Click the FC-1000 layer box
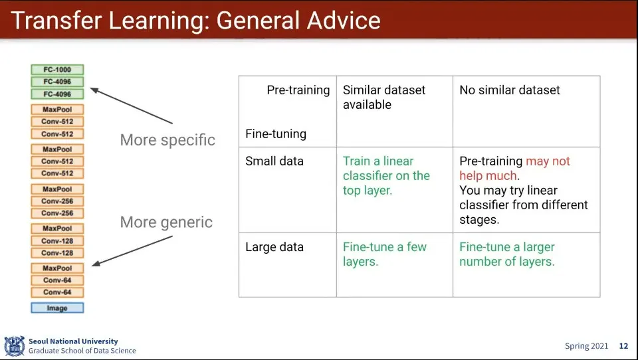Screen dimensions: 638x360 coord(57,70)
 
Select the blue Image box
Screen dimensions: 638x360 coord(57,308)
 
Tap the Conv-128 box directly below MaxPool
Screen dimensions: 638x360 coord(57,241)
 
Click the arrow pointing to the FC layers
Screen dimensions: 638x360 coord(131,106)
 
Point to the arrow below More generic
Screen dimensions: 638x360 coord(132,251)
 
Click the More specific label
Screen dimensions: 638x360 coord(167,140)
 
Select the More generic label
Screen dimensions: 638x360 coord(166,222)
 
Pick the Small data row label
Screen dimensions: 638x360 coord(274,161)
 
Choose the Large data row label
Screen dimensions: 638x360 coord(274,247)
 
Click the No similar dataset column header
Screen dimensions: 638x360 coord(510,90)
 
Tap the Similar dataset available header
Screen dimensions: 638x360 coord(384,97)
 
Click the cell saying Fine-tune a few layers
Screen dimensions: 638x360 coord(385,254)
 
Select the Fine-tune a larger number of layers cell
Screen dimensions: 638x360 coord(507,254)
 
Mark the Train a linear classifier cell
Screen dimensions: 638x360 coord(386,176)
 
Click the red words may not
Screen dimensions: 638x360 coord(548,161)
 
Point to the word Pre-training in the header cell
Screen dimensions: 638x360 coord(298,90)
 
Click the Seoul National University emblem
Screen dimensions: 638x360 coord(14,346)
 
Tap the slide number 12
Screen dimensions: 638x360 coord(623,346)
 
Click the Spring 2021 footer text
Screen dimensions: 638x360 coord(586,346)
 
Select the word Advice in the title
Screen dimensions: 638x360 coord(344,21)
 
